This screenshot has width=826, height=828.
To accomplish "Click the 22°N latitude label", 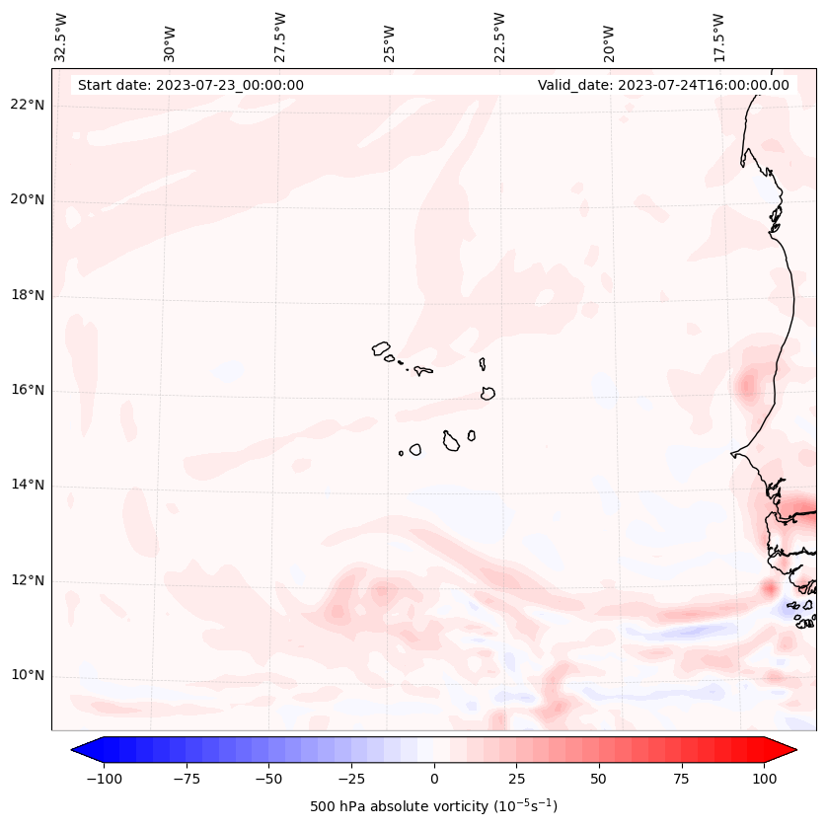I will click(28, 106).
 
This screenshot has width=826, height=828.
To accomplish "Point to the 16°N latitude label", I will click(28, 391).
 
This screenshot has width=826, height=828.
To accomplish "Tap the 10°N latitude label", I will click(28, 675).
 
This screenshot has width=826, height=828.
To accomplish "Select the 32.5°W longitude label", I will click(61, 37).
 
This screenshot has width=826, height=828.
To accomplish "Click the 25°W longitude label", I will click(390, 37).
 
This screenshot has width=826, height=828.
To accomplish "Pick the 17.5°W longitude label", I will click(718, 37).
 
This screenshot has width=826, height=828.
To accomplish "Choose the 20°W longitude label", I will click(609, 37).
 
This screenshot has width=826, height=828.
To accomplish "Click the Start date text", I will click(190, 85).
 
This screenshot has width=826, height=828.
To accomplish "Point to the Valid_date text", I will click(663, 85).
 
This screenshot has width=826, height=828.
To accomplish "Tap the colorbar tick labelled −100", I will click(104, 779).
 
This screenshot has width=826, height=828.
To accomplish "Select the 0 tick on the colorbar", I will click(434, 779).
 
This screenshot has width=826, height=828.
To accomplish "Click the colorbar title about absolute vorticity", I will click(433, 806).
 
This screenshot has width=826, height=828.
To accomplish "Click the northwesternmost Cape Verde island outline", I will click(381, 348).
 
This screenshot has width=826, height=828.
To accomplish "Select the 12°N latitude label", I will click(28, 580).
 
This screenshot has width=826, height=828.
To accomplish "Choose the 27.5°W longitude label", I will click(280, 37).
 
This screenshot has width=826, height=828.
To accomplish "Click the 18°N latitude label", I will click(28, 295).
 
